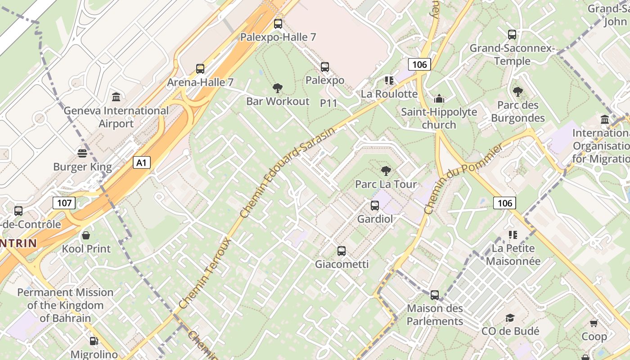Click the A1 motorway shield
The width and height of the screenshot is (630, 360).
tap(141, 162)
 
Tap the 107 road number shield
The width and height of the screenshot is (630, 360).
tap(64, 203)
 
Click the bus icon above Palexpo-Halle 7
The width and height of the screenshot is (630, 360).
tap(278, 24)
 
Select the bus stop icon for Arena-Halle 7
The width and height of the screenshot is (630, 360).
tap(200, 69)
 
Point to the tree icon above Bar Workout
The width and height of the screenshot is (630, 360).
tap(278, 88)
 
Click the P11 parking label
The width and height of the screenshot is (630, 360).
tap(328, 103)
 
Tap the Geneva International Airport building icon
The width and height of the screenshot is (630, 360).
tap(116, 97)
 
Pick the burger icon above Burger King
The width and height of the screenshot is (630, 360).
tap(82, 153)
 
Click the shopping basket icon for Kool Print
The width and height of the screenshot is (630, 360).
tap(86, 235)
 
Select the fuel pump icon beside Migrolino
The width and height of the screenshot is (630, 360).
tap(94, 342)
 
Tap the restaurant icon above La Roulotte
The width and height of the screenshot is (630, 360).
tap(389, 81)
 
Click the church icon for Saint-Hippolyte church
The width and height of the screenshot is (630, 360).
tap(439, 99)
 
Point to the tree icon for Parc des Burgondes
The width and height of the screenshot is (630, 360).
tap(517, 92)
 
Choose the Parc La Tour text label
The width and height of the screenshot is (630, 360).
tap(386, 184)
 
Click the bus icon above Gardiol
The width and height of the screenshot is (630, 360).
tap(375, 206)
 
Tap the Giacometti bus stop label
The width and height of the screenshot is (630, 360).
tap(342, 264)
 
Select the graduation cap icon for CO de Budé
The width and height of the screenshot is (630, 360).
tap(510, 318)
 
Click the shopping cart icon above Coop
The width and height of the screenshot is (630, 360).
tap(594, 323)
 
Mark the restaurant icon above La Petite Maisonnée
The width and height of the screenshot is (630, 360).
tap(513, 234)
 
